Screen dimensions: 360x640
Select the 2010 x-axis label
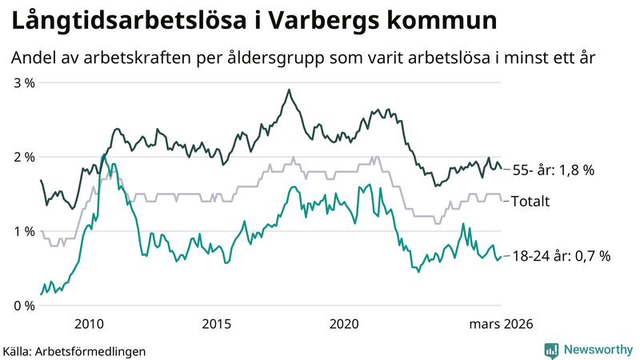pyautogui.click(x=89, y=324)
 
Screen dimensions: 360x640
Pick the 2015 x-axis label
pyautogui.click(x=217, y=324)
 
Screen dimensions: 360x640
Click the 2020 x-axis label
pyautogui.click(x=345, y=324)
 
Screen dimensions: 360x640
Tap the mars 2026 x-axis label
pyautogui.click(x=500, y=324)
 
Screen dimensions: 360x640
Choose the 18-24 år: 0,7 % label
pyautogui.click(x=561, y=256)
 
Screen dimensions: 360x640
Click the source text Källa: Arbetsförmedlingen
pyautogui.click(x=74, y=350)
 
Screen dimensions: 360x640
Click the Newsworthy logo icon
pyautogui.click(x=551, y=350)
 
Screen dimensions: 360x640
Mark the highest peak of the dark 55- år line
pyautogui.click(x=288, y=90)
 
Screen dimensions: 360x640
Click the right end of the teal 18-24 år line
pyautogui.click(x=501, y=257)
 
